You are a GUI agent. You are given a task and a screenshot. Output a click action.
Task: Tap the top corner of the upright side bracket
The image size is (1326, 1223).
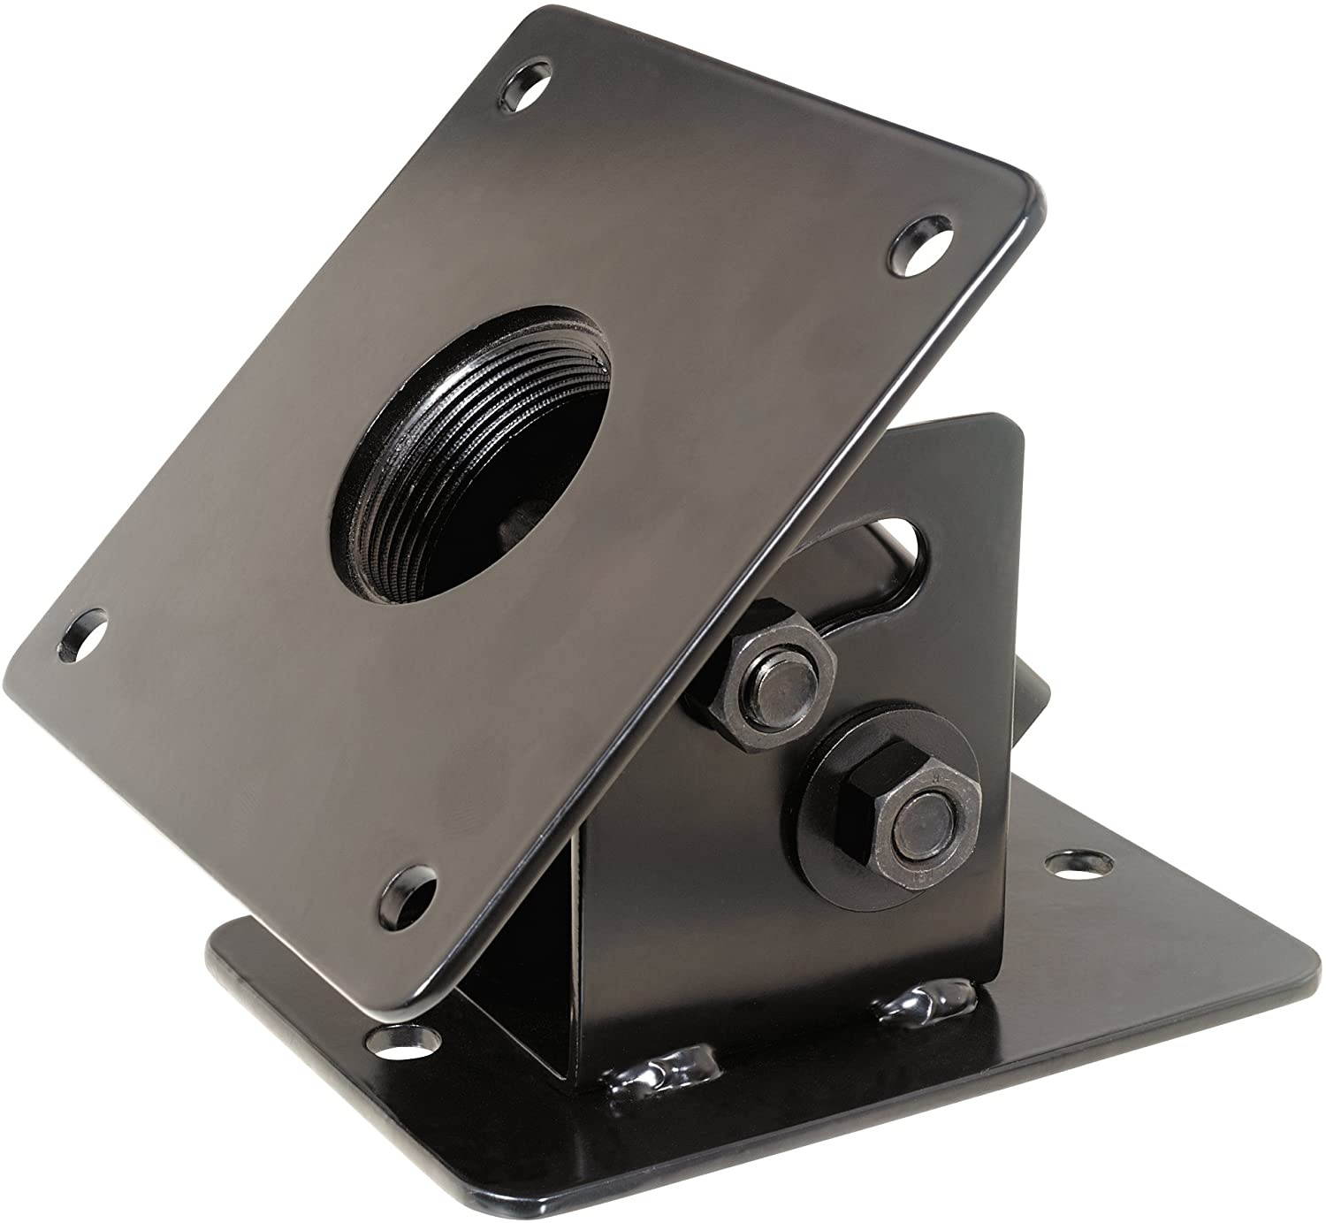tap(1008, 424)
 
